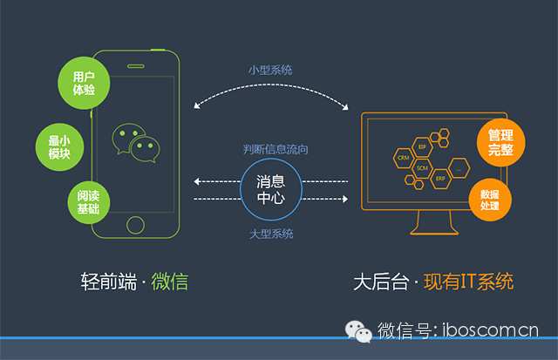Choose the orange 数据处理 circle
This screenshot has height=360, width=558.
click(x=487, y=198)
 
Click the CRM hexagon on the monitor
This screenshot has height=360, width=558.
click(x=403, y=159)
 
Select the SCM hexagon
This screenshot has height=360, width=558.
click(x=422, y=166)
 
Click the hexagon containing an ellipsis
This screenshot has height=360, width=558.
click(x=459, y=166)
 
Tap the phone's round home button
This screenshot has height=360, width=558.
click(x=135, y=225)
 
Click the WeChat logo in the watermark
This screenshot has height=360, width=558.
click(x=358, y=329)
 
